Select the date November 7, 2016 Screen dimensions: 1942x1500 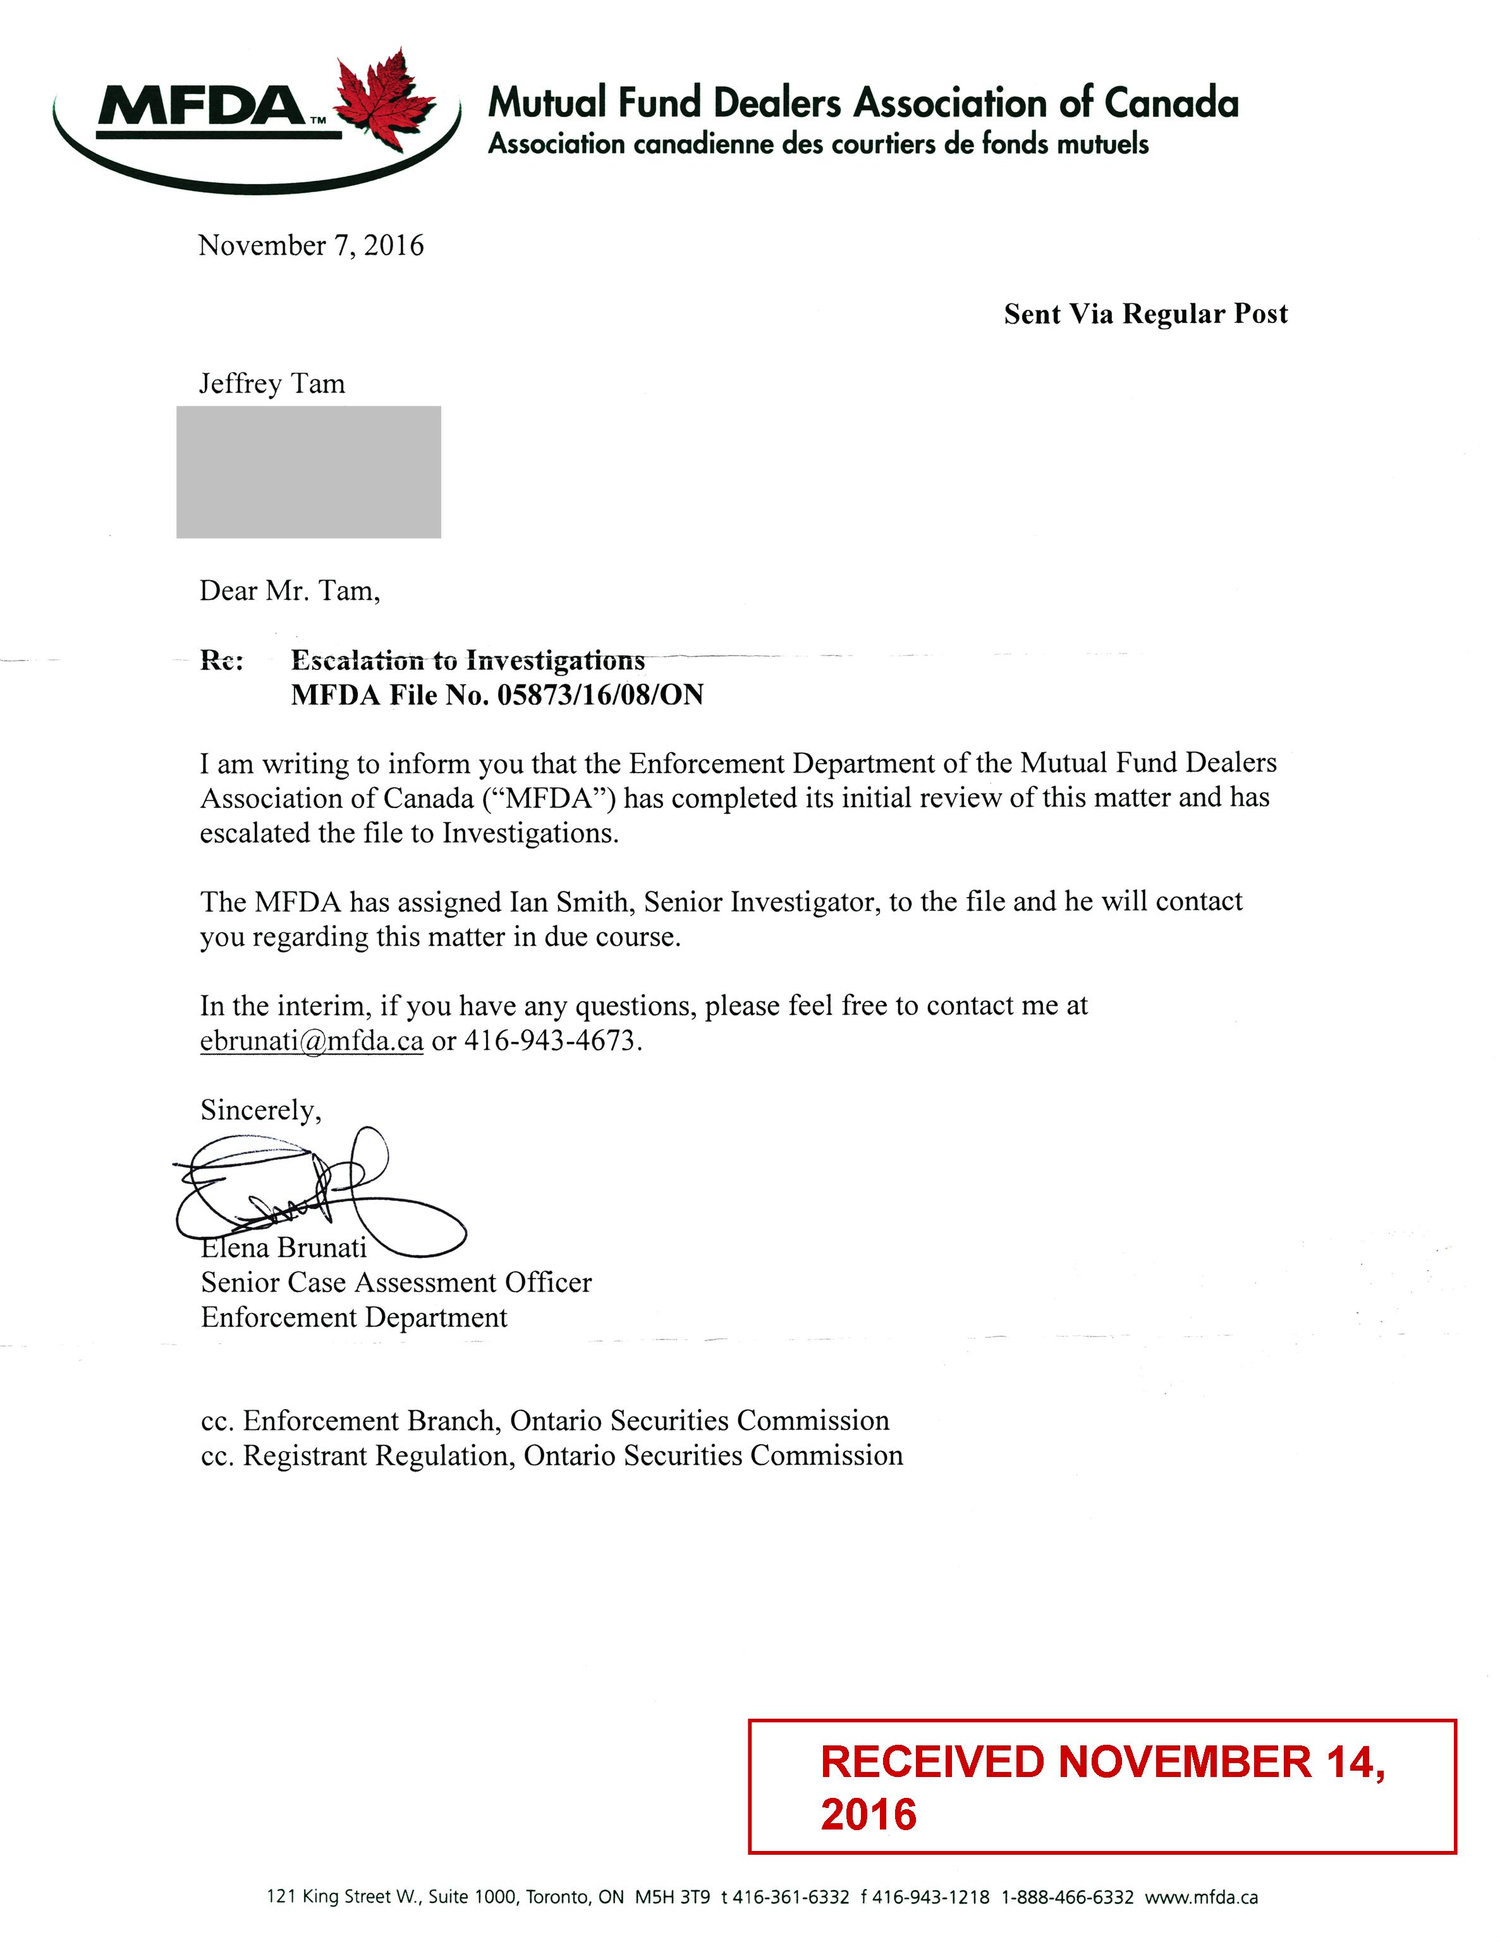click(310, 245)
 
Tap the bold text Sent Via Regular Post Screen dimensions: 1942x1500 click(1145, 314)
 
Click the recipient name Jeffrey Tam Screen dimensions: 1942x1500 click(271, 383)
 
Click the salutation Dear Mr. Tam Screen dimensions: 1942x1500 click(289, 590)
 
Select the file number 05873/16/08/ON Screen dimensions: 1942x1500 click(600, 695)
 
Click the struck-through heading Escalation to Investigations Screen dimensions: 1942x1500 click(468, 660)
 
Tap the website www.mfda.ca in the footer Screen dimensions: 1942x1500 click(1200, 1896)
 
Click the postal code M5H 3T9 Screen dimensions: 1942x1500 click(672, 1896)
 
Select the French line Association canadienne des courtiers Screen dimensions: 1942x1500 click(818, 144)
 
